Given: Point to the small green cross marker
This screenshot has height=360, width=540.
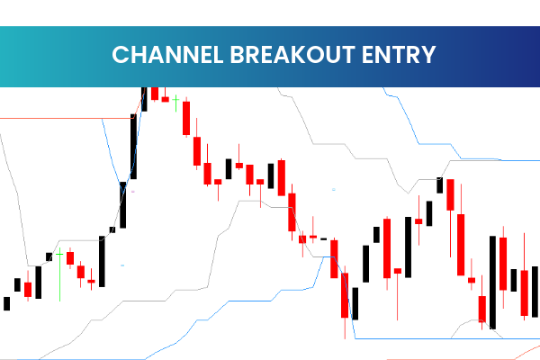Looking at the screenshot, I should click(x=177, y=98).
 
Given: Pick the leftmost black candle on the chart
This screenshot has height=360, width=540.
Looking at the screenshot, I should click(x=7, y=303).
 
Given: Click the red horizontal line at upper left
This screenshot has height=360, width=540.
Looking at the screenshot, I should click(x=63, y=118).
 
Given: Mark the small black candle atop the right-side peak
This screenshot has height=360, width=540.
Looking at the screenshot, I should click(x=440, y=184).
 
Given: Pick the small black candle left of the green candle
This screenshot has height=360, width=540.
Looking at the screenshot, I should click(x=49, y=256).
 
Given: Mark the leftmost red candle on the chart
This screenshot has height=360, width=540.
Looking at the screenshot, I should click(x=28, y=289).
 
